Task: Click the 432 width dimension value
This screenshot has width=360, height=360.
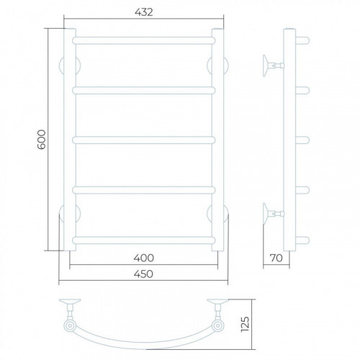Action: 143,12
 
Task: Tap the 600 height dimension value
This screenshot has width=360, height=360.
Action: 42,140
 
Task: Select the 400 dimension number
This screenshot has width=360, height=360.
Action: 143,258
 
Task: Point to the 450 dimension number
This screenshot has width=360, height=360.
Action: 143,274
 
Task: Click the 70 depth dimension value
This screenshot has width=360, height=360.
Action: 276,258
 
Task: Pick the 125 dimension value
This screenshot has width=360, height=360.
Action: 245,324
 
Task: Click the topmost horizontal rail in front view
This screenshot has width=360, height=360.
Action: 144,40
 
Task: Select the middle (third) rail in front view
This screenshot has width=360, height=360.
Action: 144,140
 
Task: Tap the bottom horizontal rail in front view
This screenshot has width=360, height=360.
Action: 144,240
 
